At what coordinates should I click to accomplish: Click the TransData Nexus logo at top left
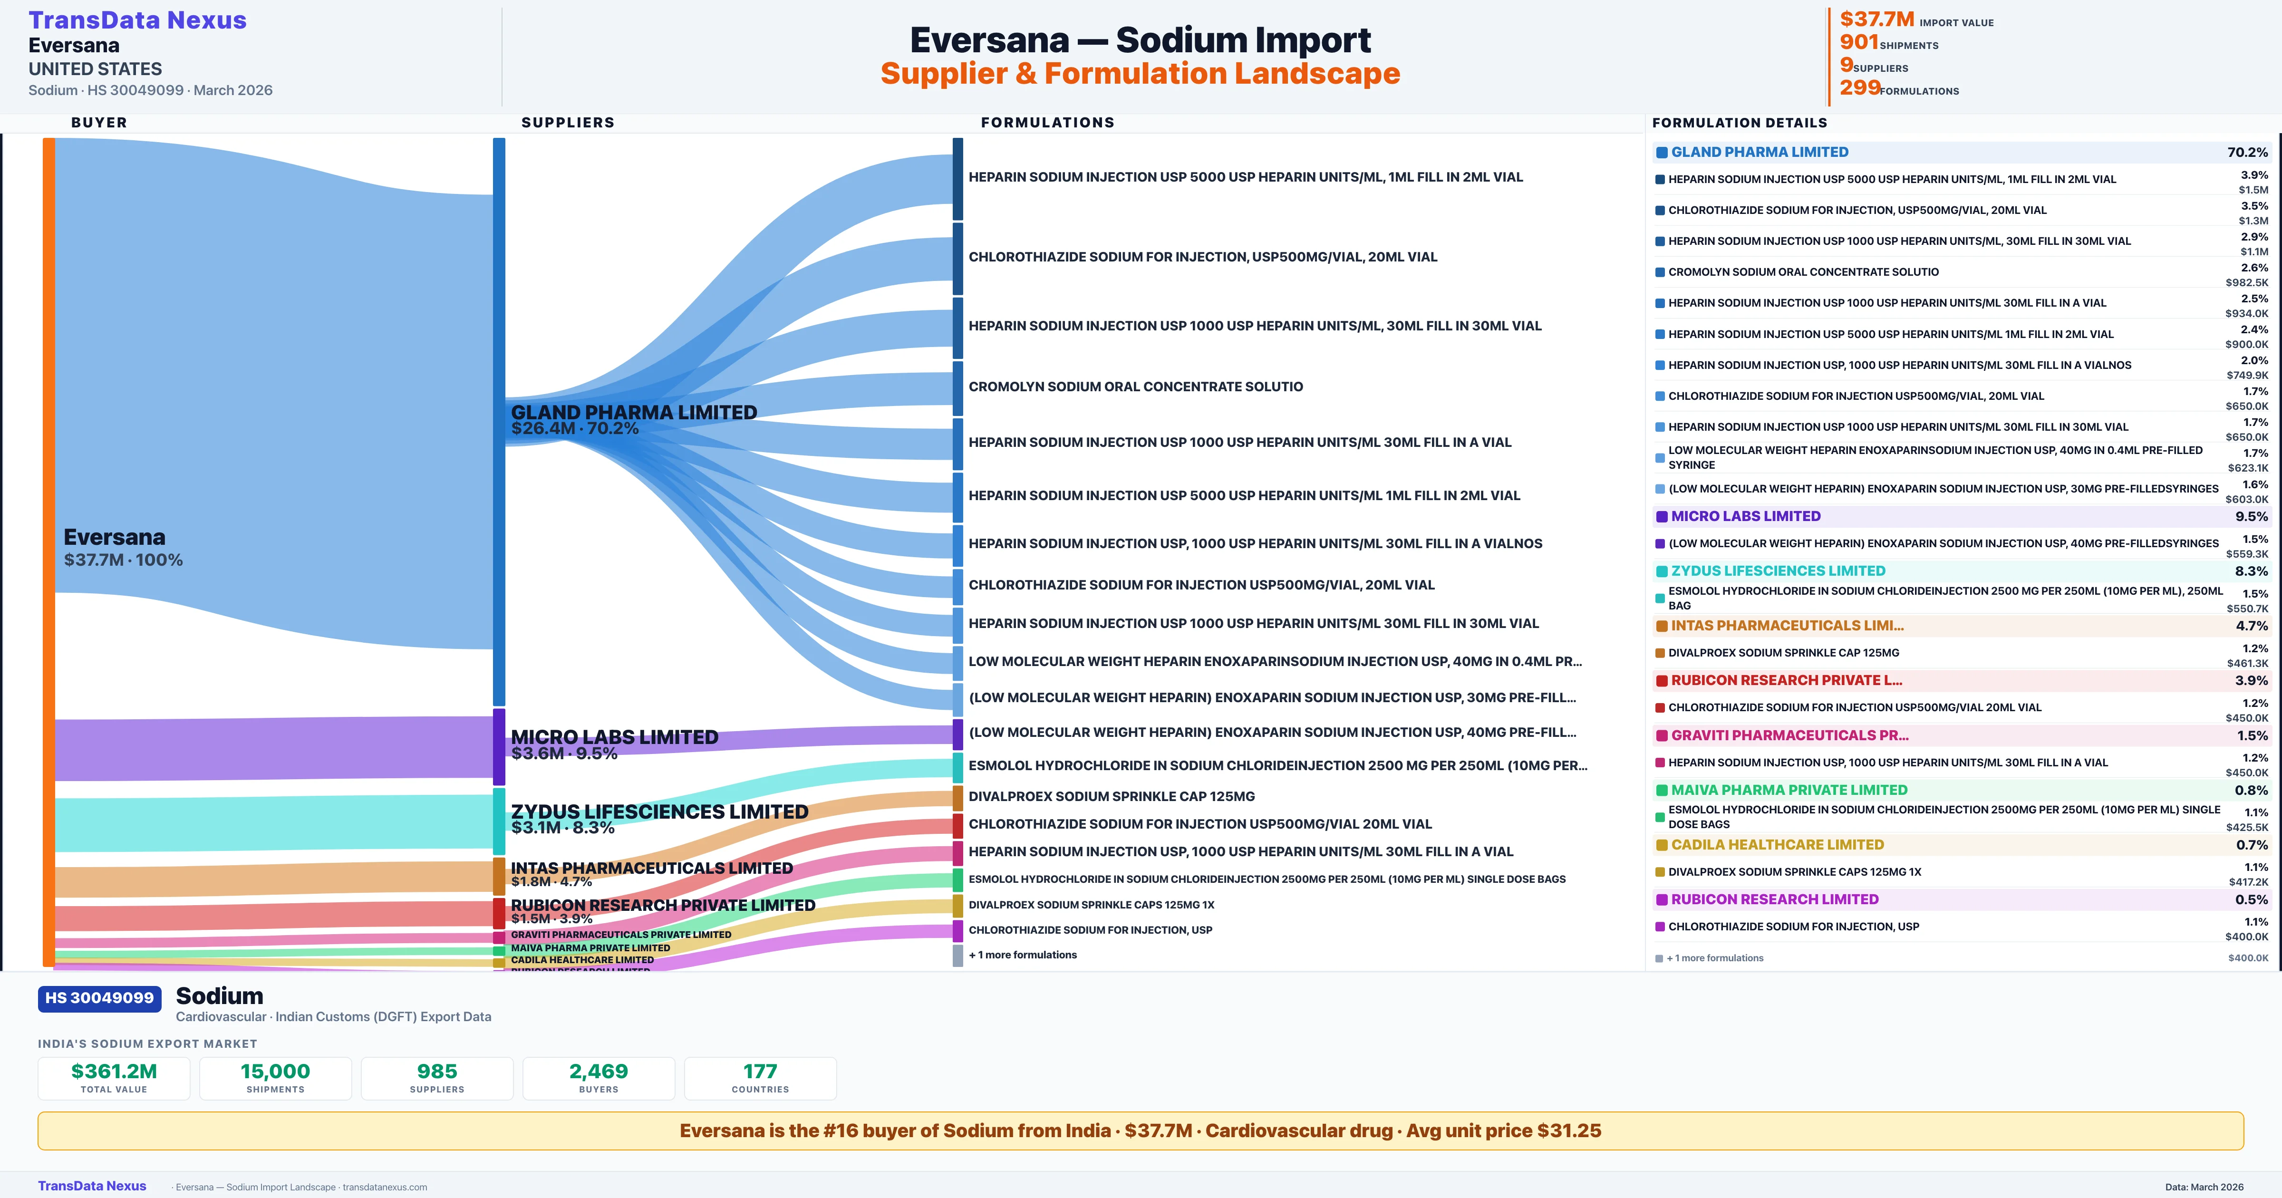[x=137, y=20]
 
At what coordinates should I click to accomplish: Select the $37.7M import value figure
[x=1876, y=19]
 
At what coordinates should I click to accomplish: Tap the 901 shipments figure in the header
[x=1858, y=42]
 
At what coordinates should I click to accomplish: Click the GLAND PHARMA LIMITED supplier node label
[x=633, y=413]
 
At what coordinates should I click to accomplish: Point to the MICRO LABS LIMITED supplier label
[x=614, y=737]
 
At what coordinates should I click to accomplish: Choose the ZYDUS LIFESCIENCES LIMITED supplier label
[x=659, y=812]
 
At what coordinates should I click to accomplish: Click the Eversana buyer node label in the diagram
[x=114, y=538]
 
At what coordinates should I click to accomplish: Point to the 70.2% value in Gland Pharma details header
[x=2247, y=153]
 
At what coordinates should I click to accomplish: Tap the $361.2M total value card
[x=114, y=1078]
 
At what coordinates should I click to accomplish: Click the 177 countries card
[x=760, y=1078]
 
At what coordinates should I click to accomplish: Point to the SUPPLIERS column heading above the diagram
[x=567, y=122]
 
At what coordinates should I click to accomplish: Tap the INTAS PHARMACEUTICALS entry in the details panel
[x=1786, y=626]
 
